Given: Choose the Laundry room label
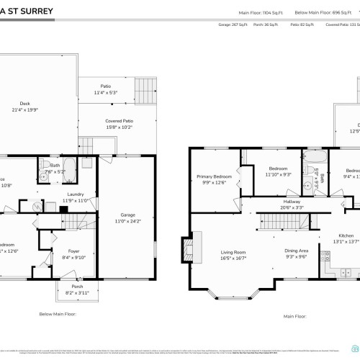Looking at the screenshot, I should pyautogui.click(x=76, y=194).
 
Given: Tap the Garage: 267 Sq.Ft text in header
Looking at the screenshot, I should pyautogui.click(x=233, y=24).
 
